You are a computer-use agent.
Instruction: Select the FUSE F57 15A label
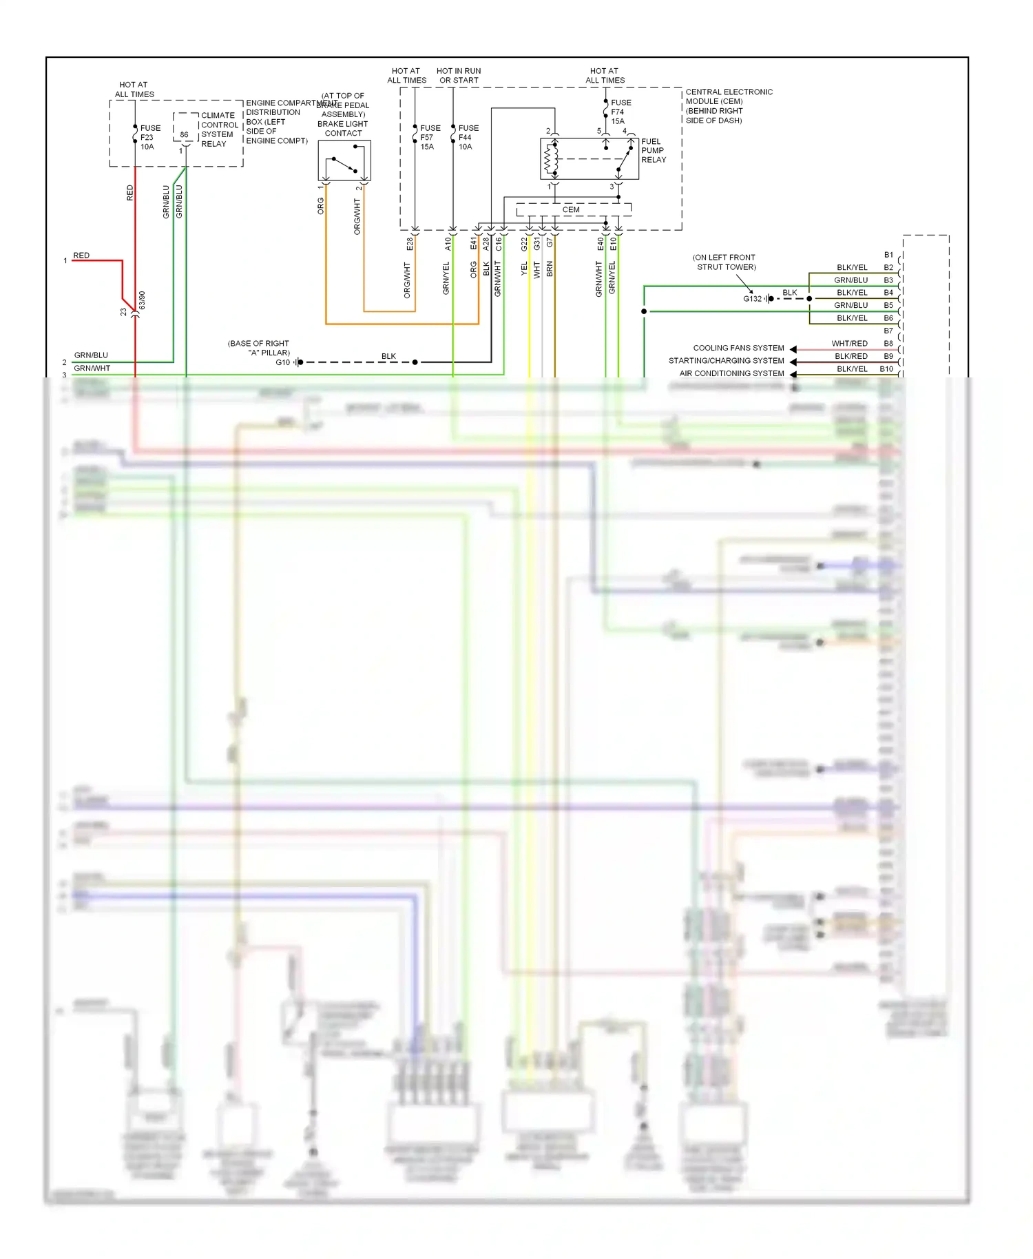[x=430, y=137]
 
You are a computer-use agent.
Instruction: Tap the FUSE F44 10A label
[x=468, y=137]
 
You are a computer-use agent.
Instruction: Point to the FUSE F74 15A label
[x=620, y=112]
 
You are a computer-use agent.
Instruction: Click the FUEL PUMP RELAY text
[x=653, y=150]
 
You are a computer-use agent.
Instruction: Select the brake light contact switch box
[x=344, y=160]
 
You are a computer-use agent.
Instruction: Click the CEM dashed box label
[x=571, y=209]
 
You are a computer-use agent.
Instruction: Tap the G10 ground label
[x=282, y=362]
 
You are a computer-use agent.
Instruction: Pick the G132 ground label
[x=752, y=298]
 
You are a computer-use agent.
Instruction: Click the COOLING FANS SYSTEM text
[x=738, y=348]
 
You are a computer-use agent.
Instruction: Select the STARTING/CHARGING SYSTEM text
[x=726, y=360]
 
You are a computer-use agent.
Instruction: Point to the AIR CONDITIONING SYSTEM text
[x=731, y=373]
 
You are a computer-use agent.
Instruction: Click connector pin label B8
[x=888, y=343]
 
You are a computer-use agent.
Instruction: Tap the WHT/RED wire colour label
[x=849, y=343]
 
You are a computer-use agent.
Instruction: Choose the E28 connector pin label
[x=409, y=244]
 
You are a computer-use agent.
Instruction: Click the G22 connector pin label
[x=524, y=244]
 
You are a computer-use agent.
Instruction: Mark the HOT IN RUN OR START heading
[x=459, y=75]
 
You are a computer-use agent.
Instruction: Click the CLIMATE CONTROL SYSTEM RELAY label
[x=220, y=129]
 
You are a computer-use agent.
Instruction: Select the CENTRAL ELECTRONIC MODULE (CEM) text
[x=729, y=105]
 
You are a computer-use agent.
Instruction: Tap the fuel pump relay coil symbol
[x=550, y=159]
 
